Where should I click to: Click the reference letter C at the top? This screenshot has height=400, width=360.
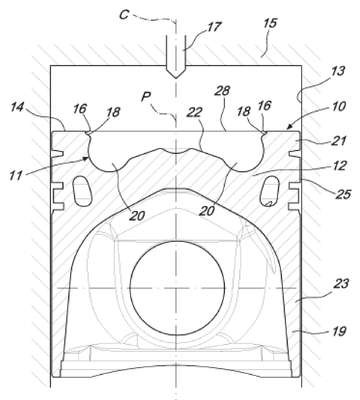click(x=124, y=15)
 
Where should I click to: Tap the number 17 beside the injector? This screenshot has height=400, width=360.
click(x=214, y=27)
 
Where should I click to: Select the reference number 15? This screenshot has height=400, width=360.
click(x=270, y=24)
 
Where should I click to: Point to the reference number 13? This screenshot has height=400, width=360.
click(x=338, y=72)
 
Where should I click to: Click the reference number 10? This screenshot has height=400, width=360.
click(x=338, y=107)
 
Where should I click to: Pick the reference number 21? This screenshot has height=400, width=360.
click(x=338, y=141)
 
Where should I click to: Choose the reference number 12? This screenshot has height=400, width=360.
click(x=339, y=166)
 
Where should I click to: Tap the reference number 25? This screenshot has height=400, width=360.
click(x=343, y=194)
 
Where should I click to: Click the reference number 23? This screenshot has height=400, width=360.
click(x=341, y=284)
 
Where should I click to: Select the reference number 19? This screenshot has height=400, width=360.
click(x=339, y=331)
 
